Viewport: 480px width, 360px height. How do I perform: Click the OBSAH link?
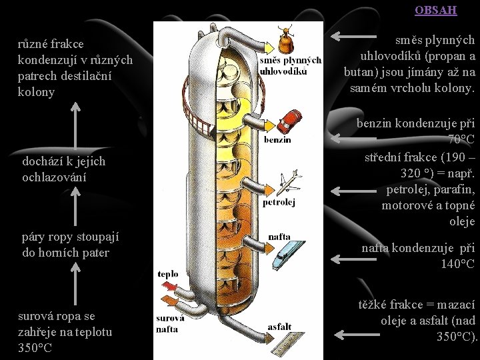[435, 10]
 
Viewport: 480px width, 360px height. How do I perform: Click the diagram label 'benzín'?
[277, 140]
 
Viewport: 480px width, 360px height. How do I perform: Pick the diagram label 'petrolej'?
[279, 202]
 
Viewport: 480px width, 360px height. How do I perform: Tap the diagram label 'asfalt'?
[279, 327]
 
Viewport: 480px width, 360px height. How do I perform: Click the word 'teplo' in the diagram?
[167, 274]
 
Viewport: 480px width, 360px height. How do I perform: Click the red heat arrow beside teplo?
[169, 289]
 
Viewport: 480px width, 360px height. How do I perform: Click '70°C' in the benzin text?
[461, 140]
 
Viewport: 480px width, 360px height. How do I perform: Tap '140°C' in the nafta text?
[457, 264]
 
